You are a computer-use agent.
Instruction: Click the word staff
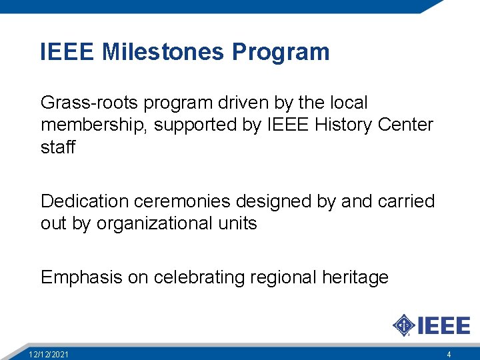pos(58,147)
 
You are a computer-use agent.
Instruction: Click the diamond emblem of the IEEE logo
pos(403,325)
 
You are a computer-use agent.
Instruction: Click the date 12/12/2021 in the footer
pos(49,354)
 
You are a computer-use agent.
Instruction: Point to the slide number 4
pos(449,354)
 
